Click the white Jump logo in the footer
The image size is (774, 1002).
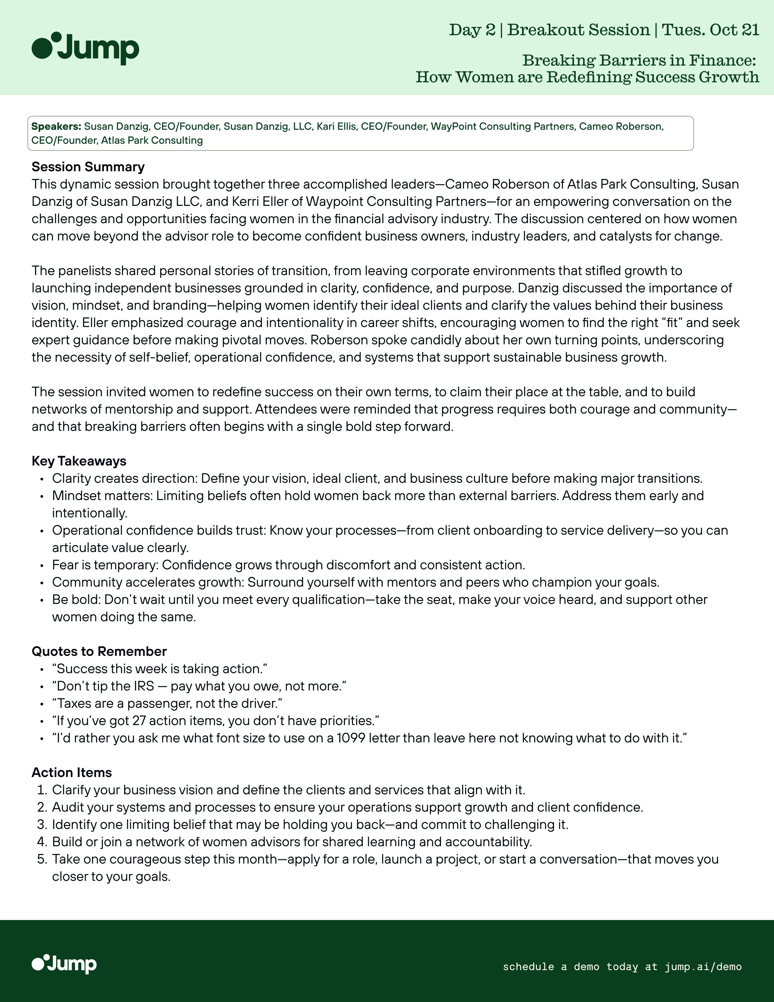point(64,964)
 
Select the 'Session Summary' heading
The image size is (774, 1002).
point(88,166)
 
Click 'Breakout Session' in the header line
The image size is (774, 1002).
point(579,30)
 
